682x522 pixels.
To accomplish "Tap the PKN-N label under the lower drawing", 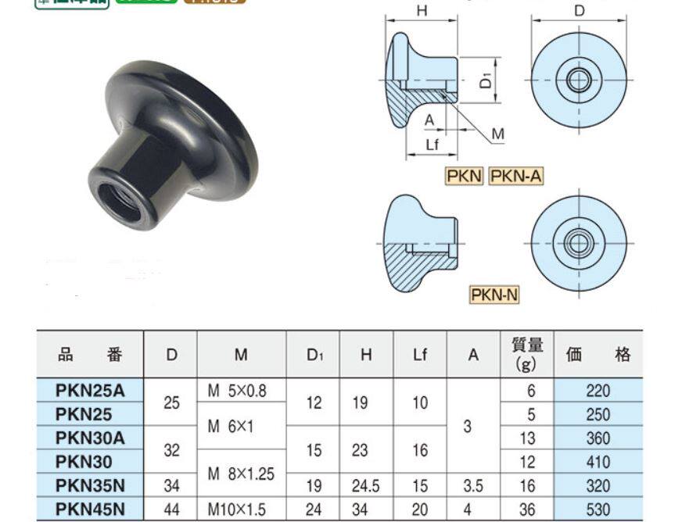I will pos(494,295).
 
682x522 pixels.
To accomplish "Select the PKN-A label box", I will pos(515,177).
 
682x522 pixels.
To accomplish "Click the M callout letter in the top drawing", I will pos(498,134).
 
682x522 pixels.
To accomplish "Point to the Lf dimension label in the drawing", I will pos(432,145).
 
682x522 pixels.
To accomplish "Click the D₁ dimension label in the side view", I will pos(486,79).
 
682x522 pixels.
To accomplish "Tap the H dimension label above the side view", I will pos(422,11).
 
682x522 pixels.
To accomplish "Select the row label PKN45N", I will pos(90,509).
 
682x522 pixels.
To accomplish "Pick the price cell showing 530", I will pos(598,509).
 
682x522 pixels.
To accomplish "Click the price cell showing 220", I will pos(598,390).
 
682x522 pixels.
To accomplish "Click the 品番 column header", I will pos(90,355).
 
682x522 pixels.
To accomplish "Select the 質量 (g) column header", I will pos(527,355).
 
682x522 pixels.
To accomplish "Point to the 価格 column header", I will pos(598,355).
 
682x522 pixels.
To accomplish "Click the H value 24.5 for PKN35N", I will pos(365,486).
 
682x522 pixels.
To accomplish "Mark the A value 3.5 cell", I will pos(472,486).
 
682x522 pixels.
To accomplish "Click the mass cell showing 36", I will pos(527,509).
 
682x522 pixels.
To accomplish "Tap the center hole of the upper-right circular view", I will pos(579,78).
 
